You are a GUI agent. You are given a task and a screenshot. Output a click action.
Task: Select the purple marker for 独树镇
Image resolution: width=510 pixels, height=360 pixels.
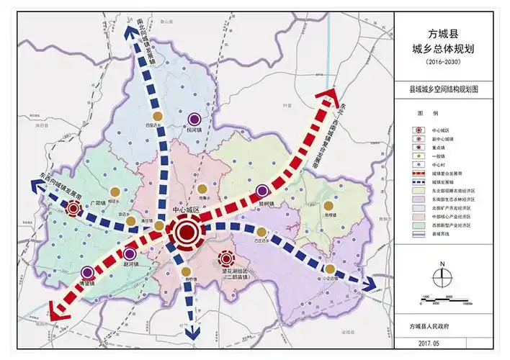click(263, 191)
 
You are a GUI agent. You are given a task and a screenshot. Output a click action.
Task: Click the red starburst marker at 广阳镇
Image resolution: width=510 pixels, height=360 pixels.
click(73, 209)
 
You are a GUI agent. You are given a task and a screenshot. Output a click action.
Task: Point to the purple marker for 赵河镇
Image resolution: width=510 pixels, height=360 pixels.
click(130, 253)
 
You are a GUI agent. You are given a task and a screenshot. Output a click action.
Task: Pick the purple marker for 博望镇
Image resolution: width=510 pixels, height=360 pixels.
click(88, 272)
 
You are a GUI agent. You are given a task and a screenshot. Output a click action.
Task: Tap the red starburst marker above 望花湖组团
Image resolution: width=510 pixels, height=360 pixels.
click(227, 258)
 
